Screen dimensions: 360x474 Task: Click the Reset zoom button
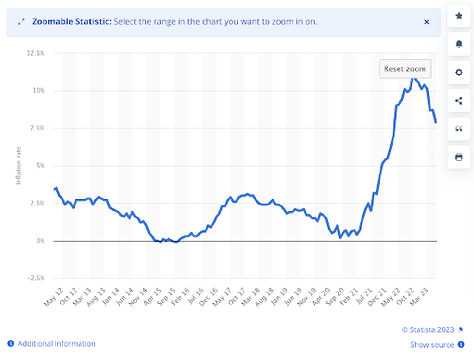click(x=405, y=69)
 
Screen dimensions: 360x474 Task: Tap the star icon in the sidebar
click(x=459, y=16)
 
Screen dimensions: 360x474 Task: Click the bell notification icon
click(x=459, y=44)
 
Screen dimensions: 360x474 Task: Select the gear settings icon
click(x=459, y=73)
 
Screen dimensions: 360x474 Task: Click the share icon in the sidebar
click(x=459, y=101)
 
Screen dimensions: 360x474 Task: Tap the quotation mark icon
click(x=459, y=129)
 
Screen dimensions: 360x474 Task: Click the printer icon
click(x=459, y=157)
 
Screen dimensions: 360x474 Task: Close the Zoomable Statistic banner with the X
click(x=427, y=22)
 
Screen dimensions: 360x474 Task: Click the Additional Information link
click(x=56, y=344)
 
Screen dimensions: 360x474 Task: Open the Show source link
click(x=432, y=345)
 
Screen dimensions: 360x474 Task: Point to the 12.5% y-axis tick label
click(x=35, y=53)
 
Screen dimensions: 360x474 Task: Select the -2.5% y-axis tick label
click(x=35, y=279)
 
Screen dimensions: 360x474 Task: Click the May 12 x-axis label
click(x=53, y=297)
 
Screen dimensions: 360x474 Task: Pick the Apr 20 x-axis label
click(x=322, y=297)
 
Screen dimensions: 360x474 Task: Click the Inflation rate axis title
click(x=19, y=165)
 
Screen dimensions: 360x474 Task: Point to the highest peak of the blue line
click(x=413, y=79)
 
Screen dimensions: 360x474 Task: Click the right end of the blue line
click(x=436, y=122)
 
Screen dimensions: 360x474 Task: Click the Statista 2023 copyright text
click(x=428, y=329)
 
